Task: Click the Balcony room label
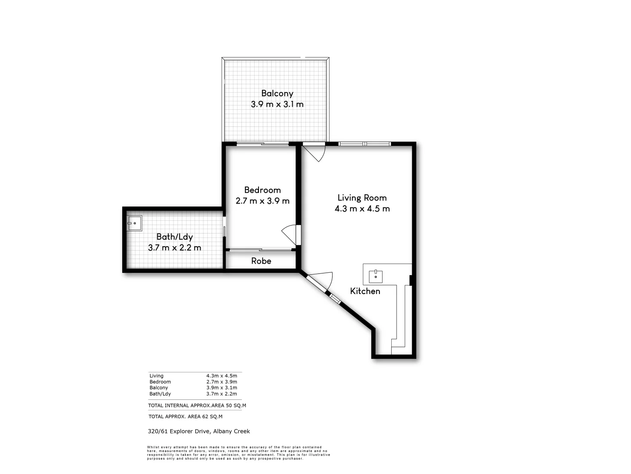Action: pyautogui.click(x=277, y=93)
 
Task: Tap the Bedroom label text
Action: pyautogui.click(x=262, y=190)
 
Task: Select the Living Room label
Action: pyautogui.click(x=362, y=197)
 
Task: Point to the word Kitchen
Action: pyautogui.click(x=365, y=291)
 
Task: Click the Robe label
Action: pyautogui.click(x=261, y=261)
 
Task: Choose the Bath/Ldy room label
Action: pyautogui.click(x=174, y=237)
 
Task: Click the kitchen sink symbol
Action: pyautogui.click(x=376, y=276)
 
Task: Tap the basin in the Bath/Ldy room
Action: pyautogui.click(x=135, y=223)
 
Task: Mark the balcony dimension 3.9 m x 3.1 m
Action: pyautogui.click(x=277, y=104)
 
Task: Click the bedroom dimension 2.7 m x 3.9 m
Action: pyautogui.click(x=262, y=201)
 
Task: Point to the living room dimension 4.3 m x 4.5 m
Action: pyautogui.click(x=362, y=208)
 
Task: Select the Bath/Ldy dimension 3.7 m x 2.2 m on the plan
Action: pyautogui.click(x=174, y=248)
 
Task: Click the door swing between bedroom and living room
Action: pyautogui.click(x=289, y=235)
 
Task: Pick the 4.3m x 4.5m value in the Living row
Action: pyautogui.click(x=222, y=376)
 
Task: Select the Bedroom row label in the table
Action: pyautogui.click(x=160, y=382)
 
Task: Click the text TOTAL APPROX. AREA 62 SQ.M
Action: pyautogui.click(x=185, y=417)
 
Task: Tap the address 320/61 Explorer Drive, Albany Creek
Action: pyautogui.click(x=199, y=431)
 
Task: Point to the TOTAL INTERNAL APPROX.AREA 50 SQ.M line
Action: pyautogui.click(x=197, y=406)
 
